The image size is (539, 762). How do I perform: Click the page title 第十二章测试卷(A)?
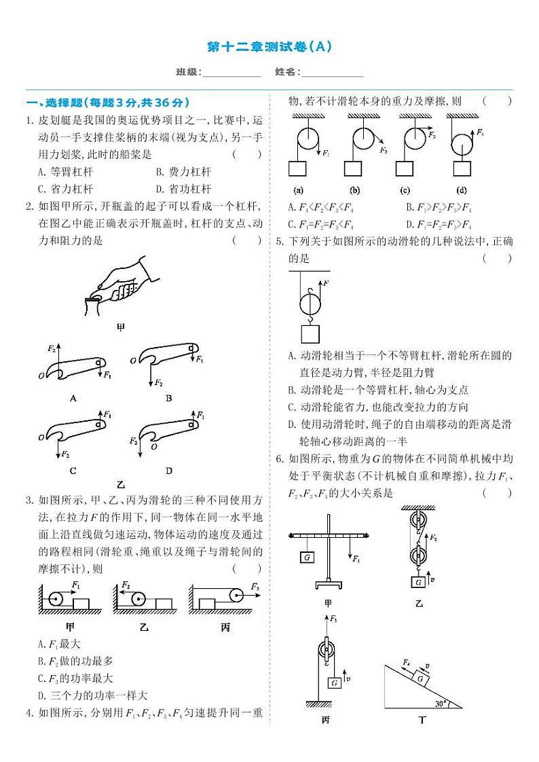pyautogui.click(x=269, y=47)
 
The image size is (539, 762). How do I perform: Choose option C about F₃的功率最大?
pyautogui.click(x=76, y=678)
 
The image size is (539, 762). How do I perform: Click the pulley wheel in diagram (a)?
pyautogui.click(x=306, y=139)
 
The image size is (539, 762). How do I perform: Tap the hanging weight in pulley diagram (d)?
pyautogui.click(x=462, y=169)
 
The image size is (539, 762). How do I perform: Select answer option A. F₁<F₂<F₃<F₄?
pyautogui.click(x=322, y=207)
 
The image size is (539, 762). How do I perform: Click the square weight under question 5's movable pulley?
pyautogui.click(x=310, y=333)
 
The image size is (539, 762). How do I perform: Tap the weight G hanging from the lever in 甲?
pyautogui.click(x=308, y=556)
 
